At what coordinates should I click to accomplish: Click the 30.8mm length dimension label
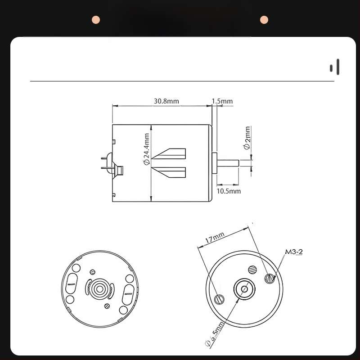tap(166, 101)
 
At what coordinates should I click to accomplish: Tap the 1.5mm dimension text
tap(222, 101)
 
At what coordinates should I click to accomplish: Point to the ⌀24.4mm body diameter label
tap(146, 149)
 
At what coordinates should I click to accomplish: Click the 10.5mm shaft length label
tap(229, 191)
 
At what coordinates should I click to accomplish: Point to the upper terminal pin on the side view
tap(105, 158)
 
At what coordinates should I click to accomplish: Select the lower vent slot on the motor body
tap(171, 172)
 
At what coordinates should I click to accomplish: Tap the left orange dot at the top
tap(95, 19)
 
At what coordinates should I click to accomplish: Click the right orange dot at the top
tap(264, 19)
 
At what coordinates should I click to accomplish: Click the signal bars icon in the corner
tap(335, 67)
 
